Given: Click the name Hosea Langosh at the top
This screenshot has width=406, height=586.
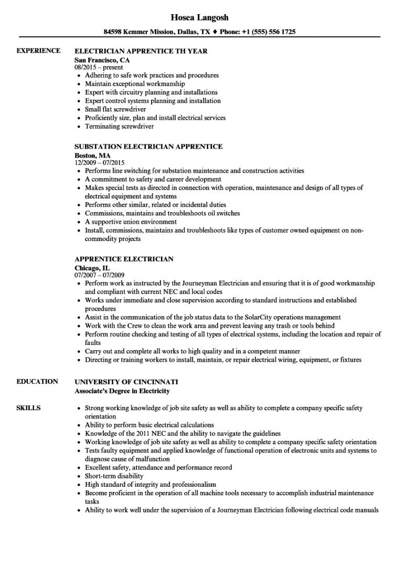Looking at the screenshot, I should [x=202, y=17].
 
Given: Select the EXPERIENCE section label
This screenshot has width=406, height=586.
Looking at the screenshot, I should [x=38, y=50].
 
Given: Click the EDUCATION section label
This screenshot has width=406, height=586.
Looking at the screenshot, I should [x=37, y=381].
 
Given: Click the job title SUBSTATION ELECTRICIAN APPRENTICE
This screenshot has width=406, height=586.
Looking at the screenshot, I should [x=148, y=146].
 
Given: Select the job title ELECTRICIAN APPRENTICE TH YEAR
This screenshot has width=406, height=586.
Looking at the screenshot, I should [x=141, y=51].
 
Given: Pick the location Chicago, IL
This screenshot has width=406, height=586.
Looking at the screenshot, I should [x=92, y=268].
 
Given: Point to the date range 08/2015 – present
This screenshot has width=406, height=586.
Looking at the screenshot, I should [x=99, y=67].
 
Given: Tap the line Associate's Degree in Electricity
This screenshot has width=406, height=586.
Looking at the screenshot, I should [x=122, y=391].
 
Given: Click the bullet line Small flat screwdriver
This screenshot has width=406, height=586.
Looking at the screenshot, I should [x=116, y=109].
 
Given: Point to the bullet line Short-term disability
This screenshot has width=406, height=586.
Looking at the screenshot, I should [x=114, y=476].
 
